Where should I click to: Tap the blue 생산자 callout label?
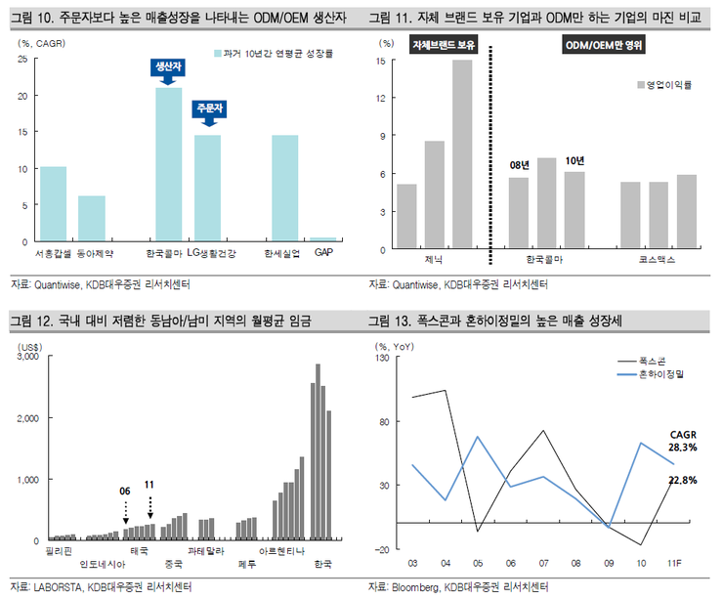coord(168,67)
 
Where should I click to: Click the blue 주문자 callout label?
coord(208,107)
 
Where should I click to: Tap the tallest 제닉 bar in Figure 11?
coord(461,154)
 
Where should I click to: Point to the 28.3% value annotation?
coord(682,448)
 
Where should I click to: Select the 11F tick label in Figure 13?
coord(675,564)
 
